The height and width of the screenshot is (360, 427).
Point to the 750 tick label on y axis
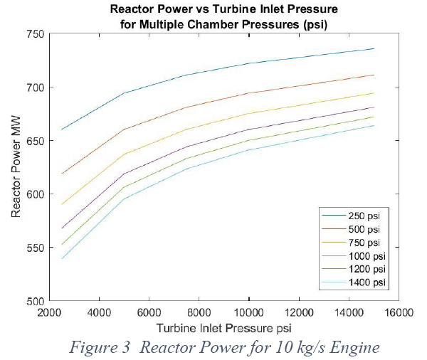click(35, 34)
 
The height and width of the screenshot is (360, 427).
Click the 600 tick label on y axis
click(35, 194)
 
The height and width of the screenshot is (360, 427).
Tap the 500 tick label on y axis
click(35, 302)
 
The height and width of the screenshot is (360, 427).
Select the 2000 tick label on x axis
click(49, 312)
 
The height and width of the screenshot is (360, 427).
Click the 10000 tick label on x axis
click(249, 312)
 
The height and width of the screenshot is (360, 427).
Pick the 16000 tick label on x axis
click(399, 312)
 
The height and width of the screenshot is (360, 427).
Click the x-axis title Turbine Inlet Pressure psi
click(224, 328)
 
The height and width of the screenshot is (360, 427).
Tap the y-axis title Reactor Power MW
click(16, 166)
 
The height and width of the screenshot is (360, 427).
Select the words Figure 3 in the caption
click(100, 347)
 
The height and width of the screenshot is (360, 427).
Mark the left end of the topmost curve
click(62, 129)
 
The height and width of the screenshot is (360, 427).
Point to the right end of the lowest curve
click(374, 125)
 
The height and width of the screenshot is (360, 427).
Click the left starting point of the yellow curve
click(62, 204)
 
